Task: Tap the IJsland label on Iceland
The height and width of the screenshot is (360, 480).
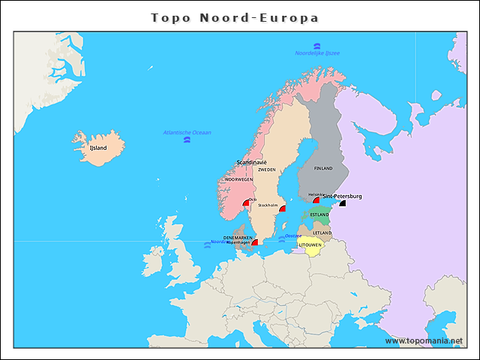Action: [x=98, y=148]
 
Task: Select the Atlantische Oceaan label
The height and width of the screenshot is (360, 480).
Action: [x=187, y=133]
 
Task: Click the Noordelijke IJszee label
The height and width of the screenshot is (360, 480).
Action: [x=317, y=53]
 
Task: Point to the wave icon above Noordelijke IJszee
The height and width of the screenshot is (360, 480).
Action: [x=317, y=46]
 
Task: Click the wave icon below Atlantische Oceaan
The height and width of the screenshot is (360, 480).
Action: [x=187, y=140]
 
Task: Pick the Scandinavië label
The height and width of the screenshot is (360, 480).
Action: [x=251, y=162]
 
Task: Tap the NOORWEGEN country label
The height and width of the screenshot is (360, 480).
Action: [x=239, y=180]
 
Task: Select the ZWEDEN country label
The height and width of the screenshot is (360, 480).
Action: [x=267, y=169]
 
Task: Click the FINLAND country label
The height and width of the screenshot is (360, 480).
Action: [x=323, y=169]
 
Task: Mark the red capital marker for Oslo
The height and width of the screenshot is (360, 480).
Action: [x=246, y=202]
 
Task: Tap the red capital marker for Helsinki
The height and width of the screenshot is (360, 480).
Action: [x=316, y=199]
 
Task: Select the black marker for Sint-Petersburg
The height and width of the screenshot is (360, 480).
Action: [x=343, y=202]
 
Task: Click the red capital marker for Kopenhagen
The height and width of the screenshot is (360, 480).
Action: [x=255, y=242]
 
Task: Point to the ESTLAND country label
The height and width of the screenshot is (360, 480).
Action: [x=319, y=214]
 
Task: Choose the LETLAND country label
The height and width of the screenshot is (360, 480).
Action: [x=322, y=232]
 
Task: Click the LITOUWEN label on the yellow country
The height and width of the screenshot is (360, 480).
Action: [x=310, y=244]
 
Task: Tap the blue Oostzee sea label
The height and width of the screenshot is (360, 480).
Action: [x=293, y=235]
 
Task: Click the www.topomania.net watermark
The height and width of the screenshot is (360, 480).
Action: [x=424, y=340]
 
